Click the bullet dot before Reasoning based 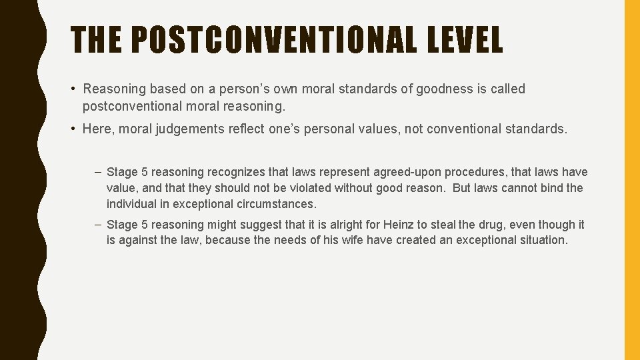point(75,89)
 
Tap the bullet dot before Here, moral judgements point(75,129)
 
